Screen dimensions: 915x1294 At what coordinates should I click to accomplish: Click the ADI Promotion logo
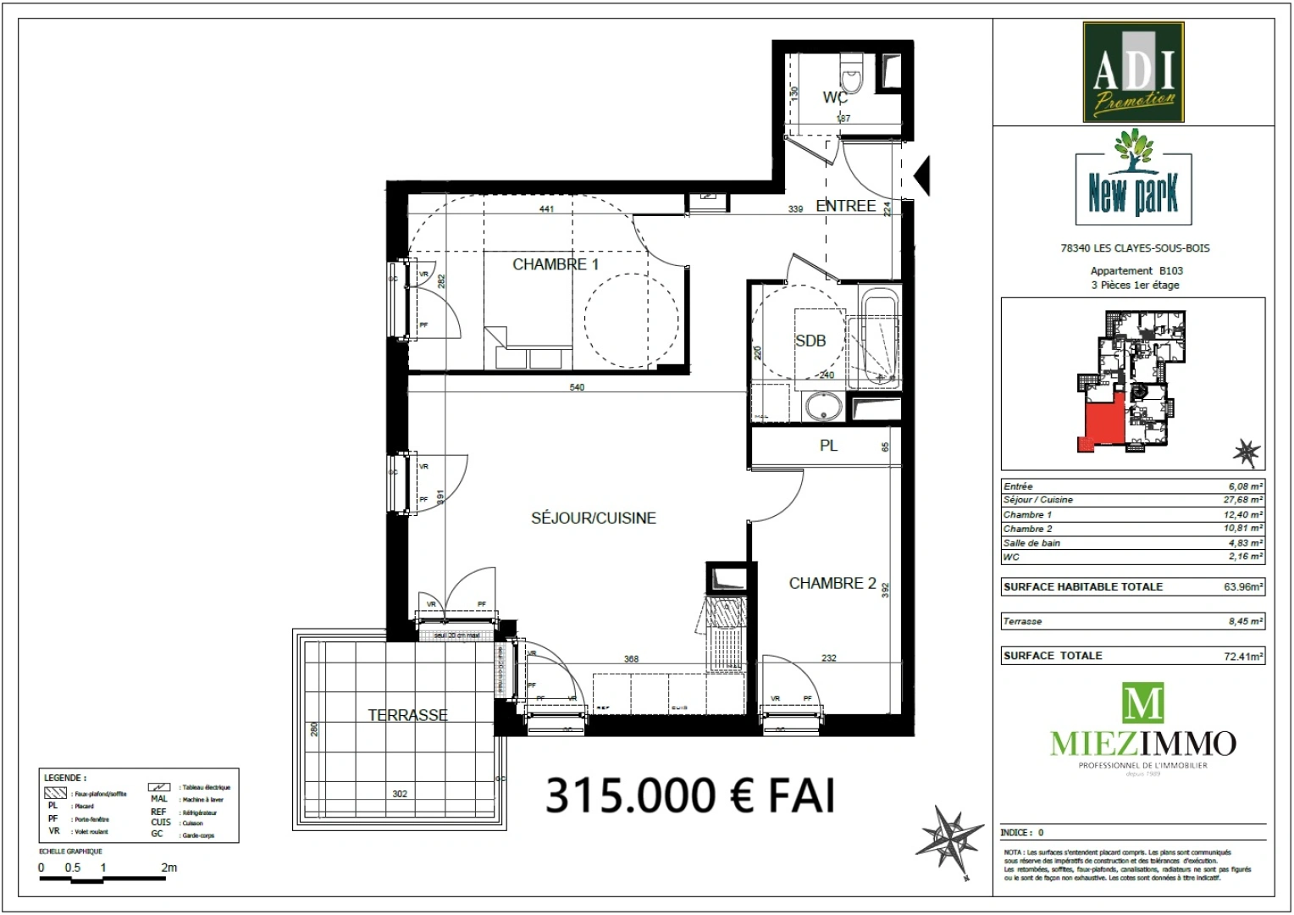tap(1133, 73)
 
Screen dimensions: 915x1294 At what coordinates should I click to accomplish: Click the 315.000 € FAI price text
tap(689, 796)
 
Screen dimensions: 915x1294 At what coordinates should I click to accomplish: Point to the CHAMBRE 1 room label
tap(555, 264)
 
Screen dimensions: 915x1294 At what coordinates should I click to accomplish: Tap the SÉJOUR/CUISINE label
tap(593, 518)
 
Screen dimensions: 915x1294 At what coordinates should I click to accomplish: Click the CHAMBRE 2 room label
tap(832, 583)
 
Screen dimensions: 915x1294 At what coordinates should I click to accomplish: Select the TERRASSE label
tap(407, 715)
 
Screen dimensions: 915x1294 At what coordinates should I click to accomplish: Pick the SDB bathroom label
tap(810, 341)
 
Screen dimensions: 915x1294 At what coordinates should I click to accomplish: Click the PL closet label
tap(828, 446)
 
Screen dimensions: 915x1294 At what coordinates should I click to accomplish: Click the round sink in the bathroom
tap(821, 407)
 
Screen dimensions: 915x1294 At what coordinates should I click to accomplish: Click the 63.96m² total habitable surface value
tap(1242, 586)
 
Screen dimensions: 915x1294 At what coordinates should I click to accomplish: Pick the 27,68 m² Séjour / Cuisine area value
tap(1245, 500)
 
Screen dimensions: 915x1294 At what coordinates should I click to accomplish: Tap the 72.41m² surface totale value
tap(1242, 656)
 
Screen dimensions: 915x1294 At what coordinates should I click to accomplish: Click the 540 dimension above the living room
tap(577, 387)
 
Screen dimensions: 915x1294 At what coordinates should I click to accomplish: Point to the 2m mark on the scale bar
tap(169, 868)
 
